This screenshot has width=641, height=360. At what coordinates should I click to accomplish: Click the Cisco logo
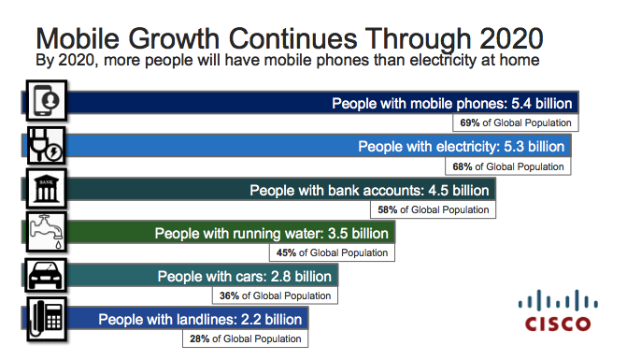(557, 311)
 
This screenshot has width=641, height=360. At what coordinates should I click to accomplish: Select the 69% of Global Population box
(516, 122)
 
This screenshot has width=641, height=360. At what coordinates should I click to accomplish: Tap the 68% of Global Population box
(509, 166)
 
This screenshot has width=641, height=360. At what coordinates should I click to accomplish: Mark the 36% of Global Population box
(277, 295)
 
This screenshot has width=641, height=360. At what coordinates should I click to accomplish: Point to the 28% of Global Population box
(246, 338)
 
